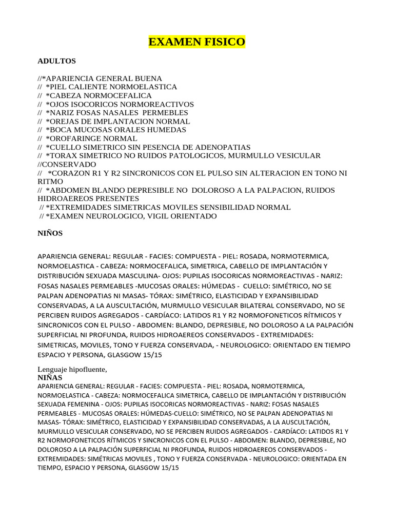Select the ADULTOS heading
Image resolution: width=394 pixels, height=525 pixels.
point(57,61)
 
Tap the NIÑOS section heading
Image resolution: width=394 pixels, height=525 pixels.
point(50,233)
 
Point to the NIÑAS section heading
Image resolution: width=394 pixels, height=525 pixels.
point(50,377)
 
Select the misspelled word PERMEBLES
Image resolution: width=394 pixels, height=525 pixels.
point(166,113)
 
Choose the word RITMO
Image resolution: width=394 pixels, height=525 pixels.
point(50,181)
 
